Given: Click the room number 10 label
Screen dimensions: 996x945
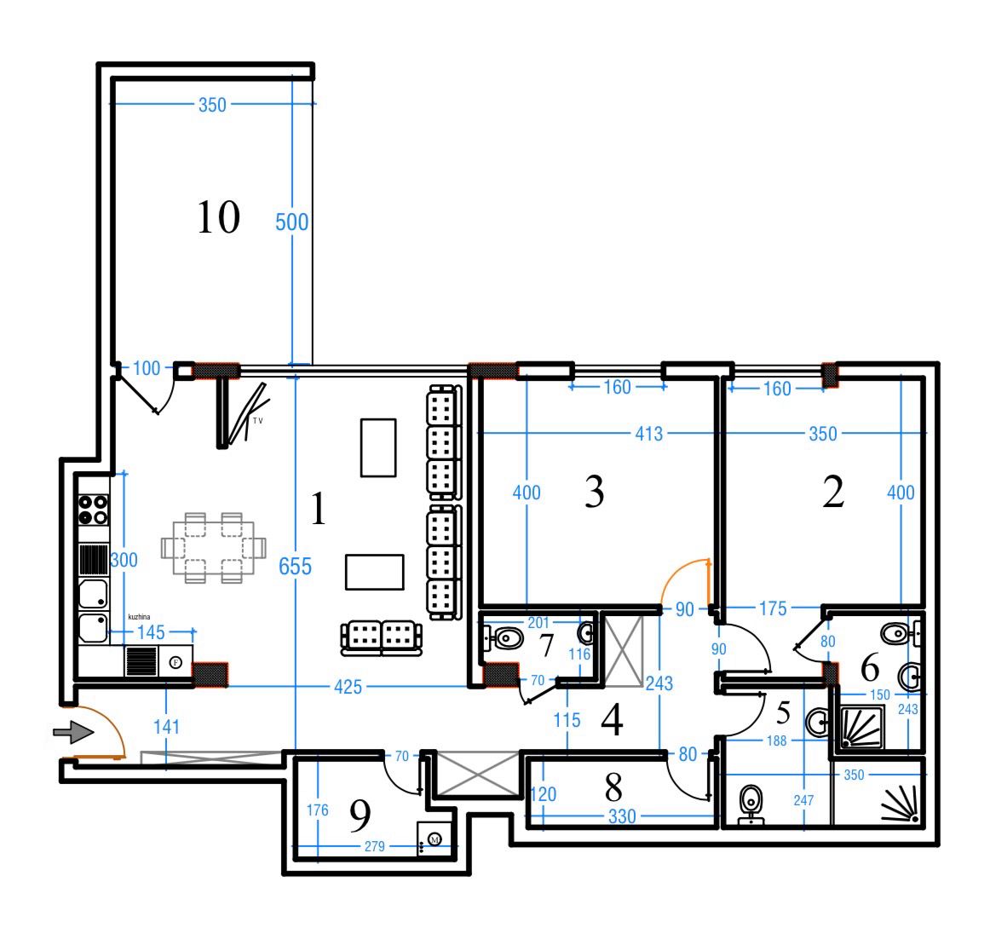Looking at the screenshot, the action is (218, 217).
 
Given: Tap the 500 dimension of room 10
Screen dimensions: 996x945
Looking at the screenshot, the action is (291, 222).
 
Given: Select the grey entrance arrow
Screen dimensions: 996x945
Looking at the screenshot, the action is (73, 732).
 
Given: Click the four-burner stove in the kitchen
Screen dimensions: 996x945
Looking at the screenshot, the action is (94, 510).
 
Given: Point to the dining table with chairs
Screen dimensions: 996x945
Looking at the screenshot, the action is (213, 547).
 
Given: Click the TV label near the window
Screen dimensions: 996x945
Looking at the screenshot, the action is (258, 420).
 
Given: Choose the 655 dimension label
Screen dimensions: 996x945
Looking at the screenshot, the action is (296, 566).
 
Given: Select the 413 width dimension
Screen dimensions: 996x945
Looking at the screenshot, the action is (649, 434).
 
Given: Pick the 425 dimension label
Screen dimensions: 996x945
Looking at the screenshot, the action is (348, 687).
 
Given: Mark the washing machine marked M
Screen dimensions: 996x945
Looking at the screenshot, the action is (435, 839).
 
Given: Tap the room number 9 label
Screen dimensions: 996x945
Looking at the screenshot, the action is (360, 815).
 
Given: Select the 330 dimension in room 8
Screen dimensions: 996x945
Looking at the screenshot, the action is (622, 816).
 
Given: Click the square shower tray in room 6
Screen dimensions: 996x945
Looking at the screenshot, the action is (862, 727).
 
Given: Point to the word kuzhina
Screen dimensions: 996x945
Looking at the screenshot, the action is (139, 617).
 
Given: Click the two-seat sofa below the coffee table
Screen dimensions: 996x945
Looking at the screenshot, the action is (381, 637).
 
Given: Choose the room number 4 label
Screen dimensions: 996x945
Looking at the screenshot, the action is (612, 720).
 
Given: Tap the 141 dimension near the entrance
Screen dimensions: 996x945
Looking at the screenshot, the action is (166, 727).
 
